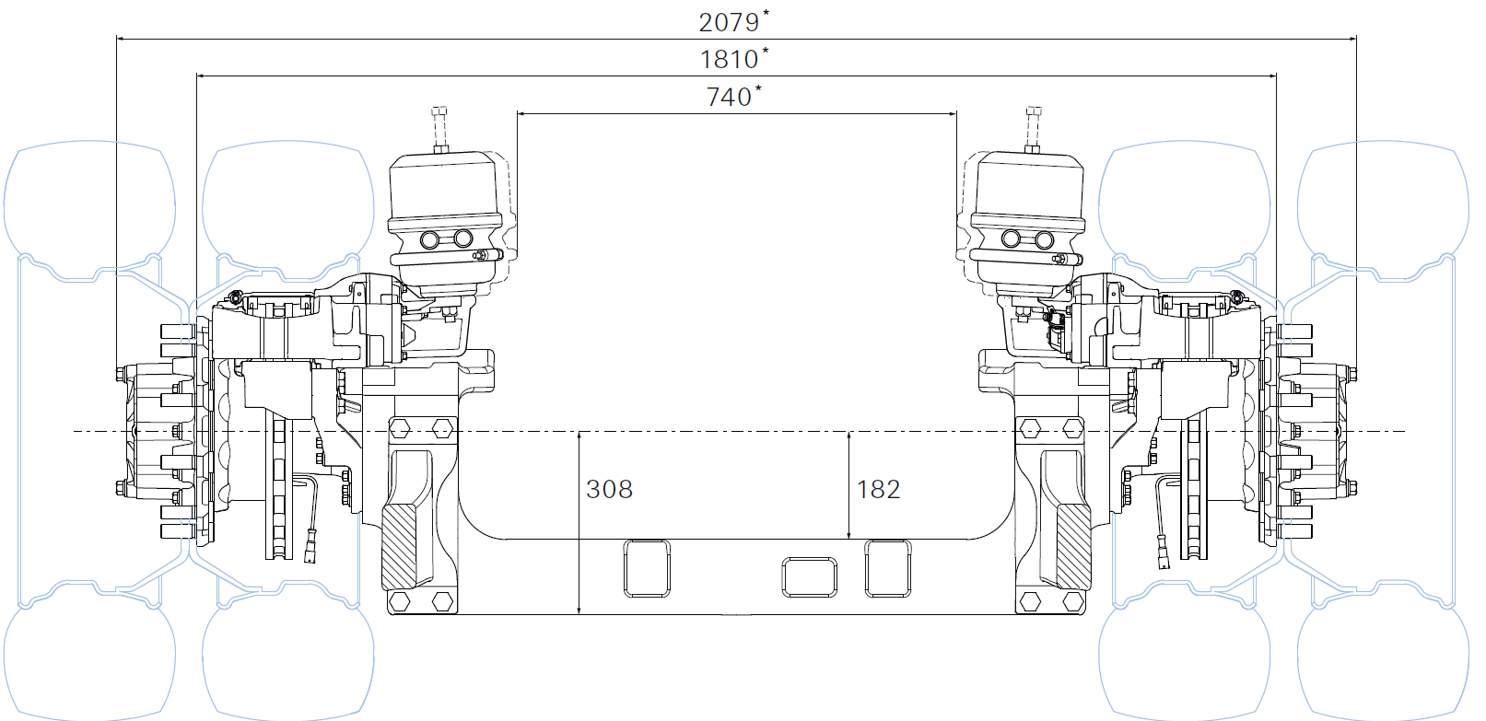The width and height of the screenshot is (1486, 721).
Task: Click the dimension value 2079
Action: (x=729, y=22)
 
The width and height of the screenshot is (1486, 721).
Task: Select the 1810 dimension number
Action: (x=729, y=60)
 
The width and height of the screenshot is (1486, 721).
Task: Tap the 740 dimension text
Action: (x=729, y=98)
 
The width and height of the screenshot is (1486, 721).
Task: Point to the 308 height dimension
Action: (x=609, y=490)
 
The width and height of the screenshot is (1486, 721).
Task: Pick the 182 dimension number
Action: (x=878, y=490)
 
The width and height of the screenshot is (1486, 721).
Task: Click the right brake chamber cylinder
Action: (x=1027, y=222)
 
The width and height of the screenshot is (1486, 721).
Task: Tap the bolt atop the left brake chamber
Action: (x=439, y=129)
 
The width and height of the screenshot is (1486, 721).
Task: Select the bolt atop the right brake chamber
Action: (x=1034, y=129)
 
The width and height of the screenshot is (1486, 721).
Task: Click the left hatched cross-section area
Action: (x=399, y=547)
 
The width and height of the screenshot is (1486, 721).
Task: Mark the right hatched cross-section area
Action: (x=1073, y=547)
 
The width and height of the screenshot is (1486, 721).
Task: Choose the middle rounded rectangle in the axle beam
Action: (x=810, y=577)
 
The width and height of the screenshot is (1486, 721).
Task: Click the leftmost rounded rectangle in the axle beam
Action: (x=647, y=568)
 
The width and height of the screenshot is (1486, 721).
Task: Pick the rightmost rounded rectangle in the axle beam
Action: (x=887, y=568)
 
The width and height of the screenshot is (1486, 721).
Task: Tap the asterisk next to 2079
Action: (x=766, y=12)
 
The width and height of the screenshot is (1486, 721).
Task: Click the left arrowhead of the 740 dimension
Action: (x=521, y=114)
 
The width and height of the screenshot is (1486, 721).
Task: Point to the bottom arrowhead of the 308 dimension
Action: (x=579, y=610)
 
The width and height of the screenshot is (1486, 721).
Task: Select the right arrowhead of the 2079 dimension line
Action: (x=1351, y=39)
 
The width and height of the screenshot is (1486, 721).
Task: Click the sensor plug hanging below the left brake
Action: (x=310, y=549)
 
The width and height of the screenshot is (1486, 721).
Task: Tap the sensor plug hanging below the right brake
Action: (x=1163, y=552)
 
